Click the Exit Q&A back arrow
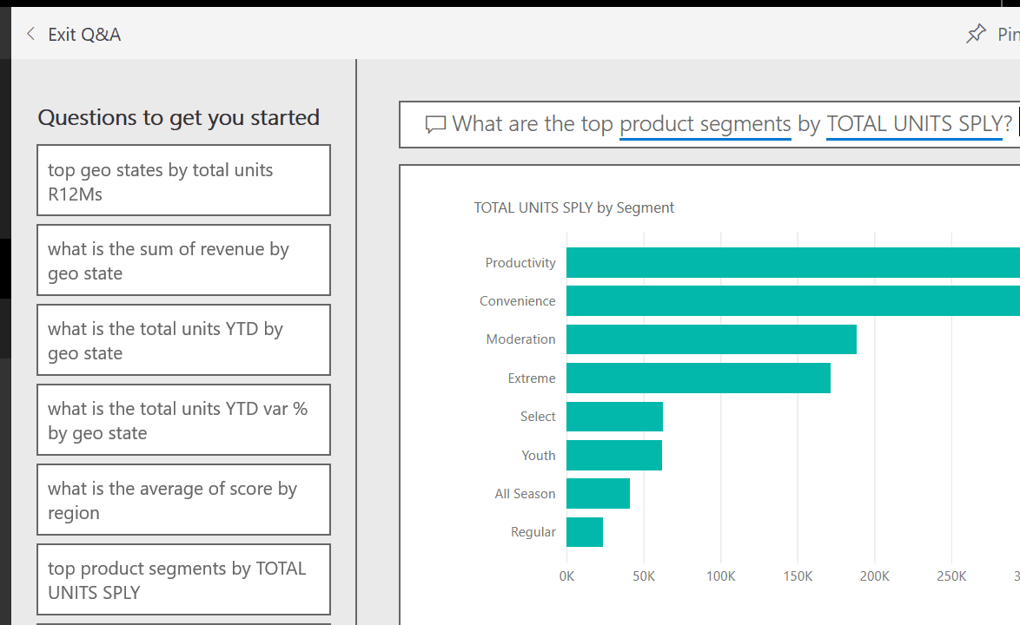tap(31, 34)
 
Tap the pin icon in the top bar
tap(976, 34)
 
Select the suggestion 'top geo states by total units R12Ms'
tap(183, 181)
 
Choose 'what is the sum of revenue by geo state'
tap(183, 260)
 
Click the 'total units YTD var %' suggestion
tap(183, 420)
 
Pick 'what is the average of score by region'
tap(183, 500)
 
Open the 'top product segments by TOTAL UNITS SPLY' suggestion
tap(183, 580)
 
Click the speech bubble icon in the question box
tap(435, 125)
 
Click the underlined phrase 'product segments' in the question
tap(705, 124)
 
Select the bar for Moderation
tap(711, 339)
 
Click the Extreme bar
tap(698, 378)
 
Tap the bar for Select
tap(614, 417)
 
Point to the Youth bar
tap(613, 455)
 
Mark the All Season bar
tap(598, 493)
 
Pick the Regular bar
tap(584, 532)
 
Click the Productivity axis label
tap(520, 263)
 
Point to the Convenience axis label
tap(517, 301)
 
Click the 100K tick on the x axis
tap(720, 576)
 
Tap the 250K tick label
tap(951, 576)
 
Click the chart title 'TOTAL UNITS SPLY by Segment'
tap(573, 207)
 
